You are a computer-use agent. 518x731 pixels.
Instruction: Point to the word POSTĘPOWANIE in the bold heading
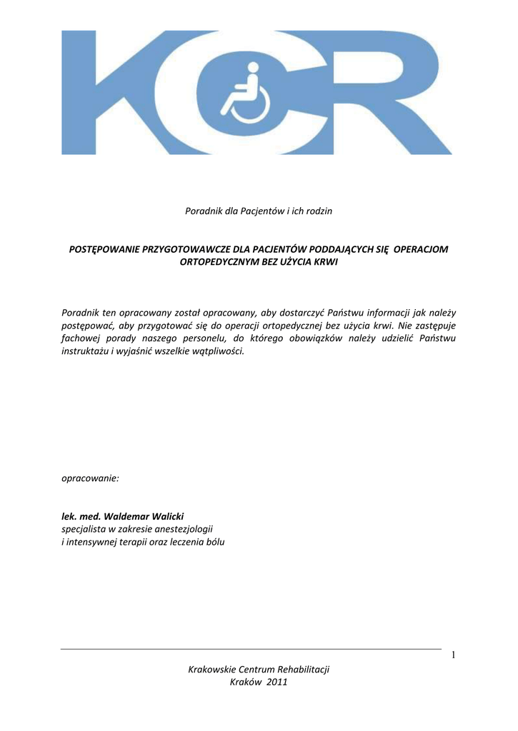105,249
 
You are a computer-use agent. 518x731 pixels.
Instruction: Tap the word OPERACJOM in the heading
424,249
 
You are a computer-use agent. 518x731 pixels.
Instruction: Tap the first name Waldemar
126,516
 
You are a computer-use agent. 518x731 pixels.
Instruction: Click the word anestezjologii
181,529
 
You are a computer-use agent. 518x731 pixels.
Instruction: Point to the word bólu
213,542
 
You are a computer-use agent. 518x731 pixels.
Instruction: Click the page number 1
453,656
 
